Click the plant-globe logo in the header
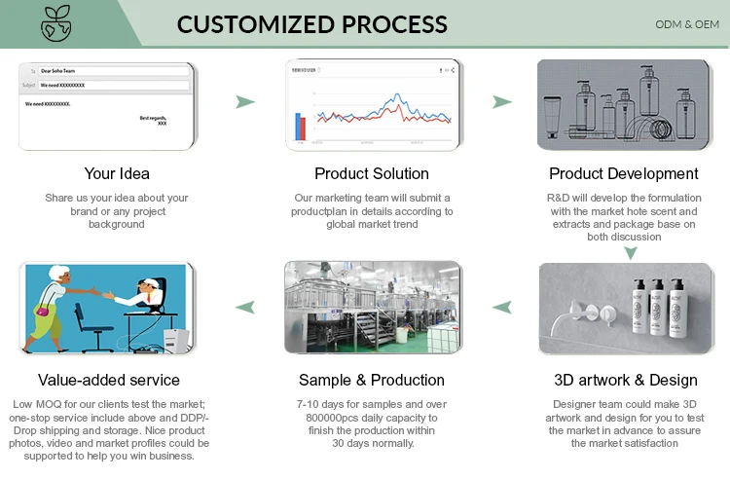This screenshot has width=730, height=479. pos(55,23)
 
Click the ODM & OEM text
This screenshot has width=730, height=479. pos(687,24)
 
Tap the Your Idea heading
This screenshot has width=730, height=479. pos(117,173)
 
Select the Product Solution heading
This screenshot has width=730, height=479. pos(372,173)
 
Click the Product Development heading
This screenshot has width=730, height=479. pos(624,173)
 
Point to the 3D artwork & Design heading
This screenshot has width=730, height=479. pos(625,380)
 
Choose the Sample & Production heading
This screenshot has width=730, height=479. pos(372,380)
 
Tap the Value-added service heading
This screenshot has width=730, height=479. pos(109,380)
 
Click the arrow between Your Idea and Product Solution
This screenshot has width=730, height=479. pos(246,101)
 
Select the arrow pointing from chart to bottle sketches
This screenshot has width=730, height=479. pos(502,101)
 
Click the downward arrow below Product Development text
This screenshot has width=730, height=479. pos(630,252)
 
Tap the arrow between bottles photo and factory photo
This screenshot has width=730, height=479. pos(502,308)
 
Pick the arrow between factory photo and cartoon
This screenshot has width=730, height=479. pos(246,308)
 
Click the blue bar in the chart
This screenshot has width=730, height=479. pos(296,127)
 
